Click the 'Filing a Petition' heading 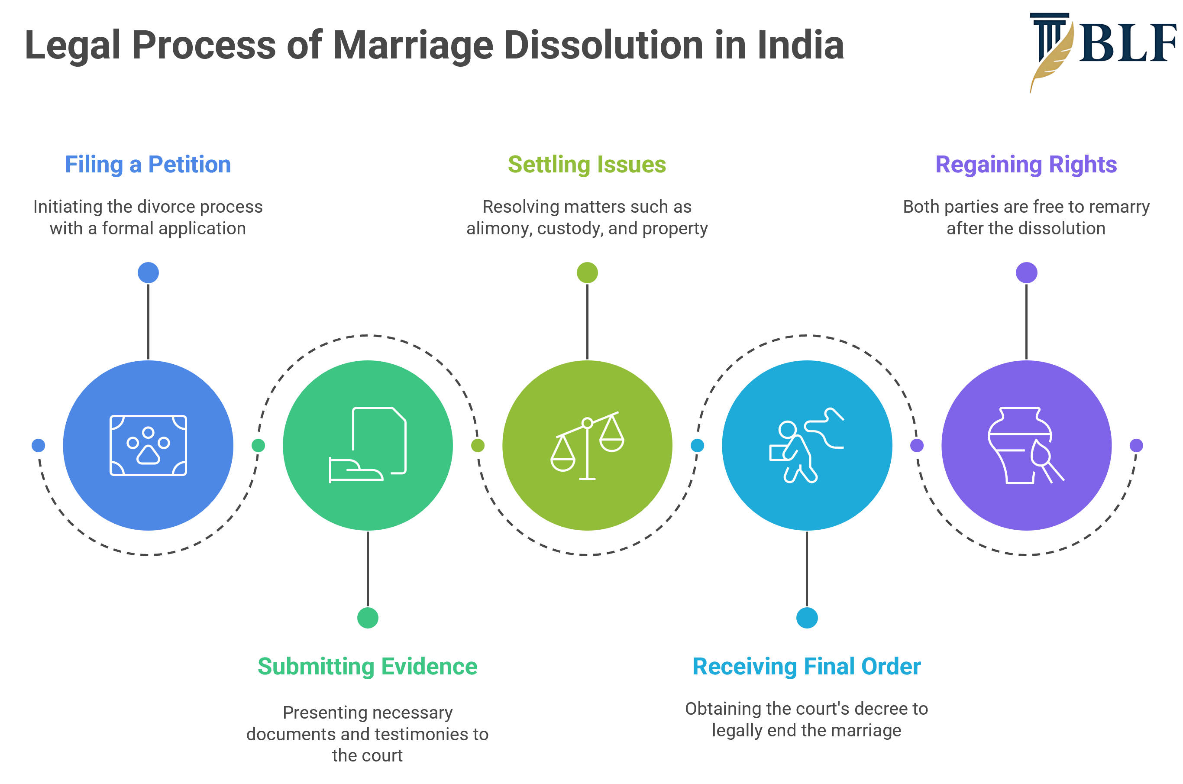point(148,165)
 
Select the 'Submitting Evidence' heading point(367,667)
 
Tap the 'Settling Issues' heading point(587,165)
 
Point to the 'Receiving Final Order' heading point(806,667)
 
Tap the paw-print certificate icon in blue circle point(148,445)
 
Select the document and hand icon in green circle point(367,445)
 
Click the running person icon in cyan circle point(806,445)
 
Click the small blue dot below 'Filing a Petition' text point(148,272)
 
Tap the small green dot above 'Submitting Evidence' point(367,618)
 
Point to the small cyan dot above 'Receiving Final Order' point(807,618)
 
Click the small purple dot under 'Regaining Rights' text point(1026,272)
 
